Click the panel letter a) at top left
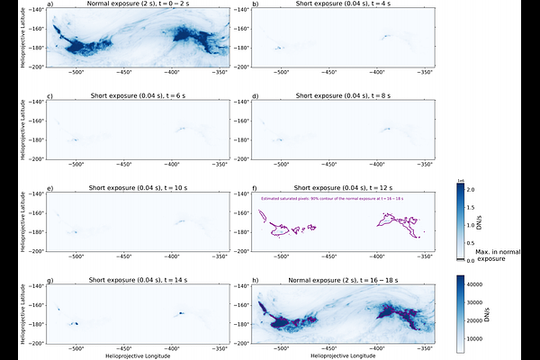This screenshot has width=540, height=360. tap(49, 4)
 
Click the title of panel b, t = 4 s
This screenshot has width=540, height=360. tap(343, 4)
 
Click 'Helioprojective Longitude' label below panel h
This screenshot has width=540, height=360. tap(343, 355)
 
